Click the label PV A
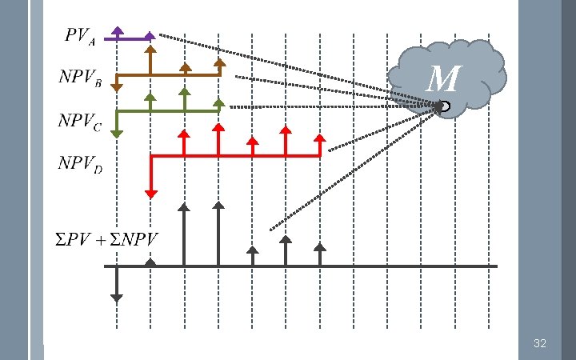click(x=80, y=38)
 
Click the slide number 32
click(x=539, y=343)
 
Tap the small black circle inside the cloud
click(x=444, y=106)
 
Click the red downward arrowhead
click(x=150, y=192)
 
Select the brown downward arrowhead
click(x=116, y=86)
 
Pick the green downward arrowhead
click(x=116, y=134)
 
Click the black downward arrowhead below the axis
click(x=116, y=298)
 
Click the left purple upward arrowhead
click(x=117, y=30)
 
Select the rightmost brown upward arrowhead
click(x=218, y=62)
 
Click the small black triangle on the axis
click(x=150, y=262)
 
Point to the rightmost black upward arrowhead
click(x=320, y=247)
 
